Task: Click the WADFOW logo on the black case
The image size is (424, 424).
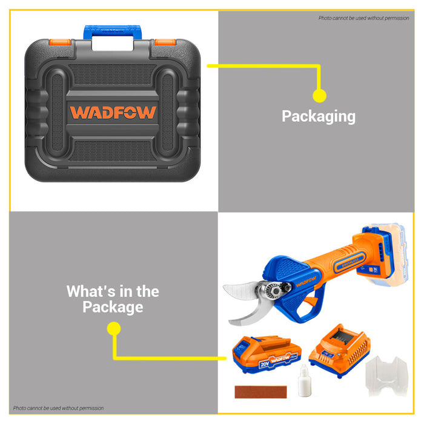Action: pyautogui.click(x=113, y=112)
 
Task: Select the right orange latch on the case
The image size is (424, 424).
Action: pyautogui.click(x=165, y=42)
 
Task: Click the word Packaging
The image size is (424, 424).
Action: pyautogui.click(x=319, y=116)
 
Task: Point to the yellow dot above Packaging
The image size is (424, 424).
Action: pyautogui.click(x=319, y=95)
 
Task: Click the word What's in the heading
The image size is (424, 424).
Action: pyautogui.click(x=91, y=291)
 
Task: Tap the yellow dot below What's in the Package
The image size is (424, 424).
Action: pyautogui.click(x=113, y=329)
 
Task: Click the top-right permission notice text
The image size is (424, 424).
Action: pyautogui.click(x=363, y=18)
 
